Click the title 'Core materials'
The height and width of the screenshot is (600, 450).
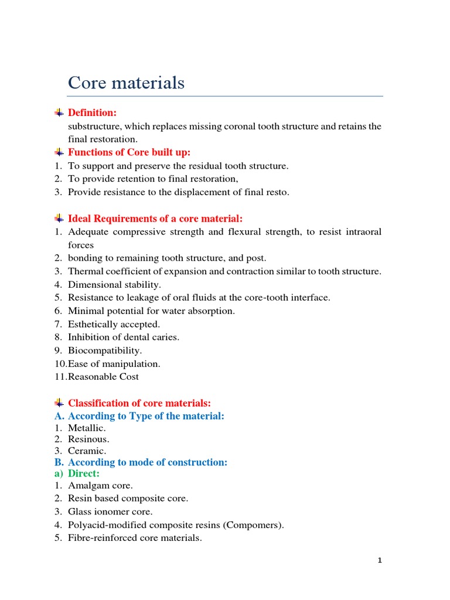click(x=126, y=83)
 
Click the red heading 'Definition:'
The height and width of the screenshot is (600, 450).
click(x=93, y=112)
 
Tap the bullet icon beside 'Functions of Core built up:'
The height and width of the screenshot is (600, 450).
click(x=59, y=152)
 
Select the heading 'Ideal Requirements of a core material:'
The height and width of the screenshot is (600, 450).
click(x=155, y=219)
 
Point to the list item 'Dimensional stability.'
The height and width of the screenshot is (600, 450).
click(x=114, y=285)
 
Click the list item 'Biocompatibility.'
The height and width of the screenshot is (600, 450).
click(x=105, y=350)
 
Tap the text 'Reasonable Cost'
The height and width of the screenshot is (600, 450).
click(x=104, y=377)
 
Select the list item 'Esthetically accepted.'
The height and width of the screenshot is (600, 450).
click(x=114, y=324)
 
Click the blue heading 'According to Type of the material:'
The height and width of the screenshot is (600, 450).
click(x=146, y=416)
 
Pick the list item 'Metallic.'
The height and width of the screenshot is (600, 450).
click(x=87, y=428)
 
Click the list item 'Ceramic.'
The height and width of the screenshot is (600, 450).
click(x=87, y=451)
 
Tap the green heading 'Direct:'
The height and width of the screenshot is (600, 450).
click(x=84, y=473)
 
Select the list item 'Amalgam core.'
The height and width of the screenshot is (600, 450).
click(x=100, y=486)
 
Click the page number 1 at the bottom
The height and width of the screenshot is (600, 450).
click(x=380, y=561)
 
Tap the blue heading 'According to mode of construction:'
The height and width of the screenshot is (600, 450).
click(x=147, y=462)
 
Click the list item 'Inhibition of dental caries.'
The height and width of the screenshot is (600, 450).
click(x=124, y=337)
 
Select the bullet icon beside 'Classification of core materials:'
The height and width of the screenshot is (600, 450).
click(x=59, y=403)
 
